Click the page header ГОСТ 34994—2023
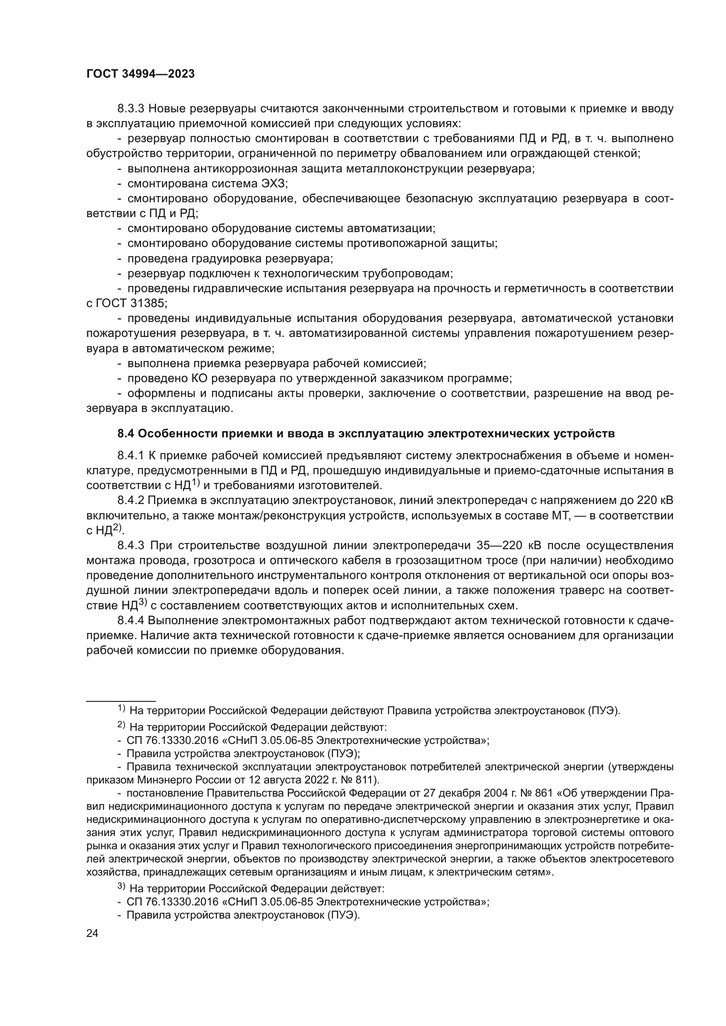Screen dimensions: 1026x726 tap(140, 74)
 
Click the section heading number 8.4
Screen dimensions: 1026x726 tap(126, 434)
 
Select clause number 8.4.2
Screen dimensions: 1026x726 tap(130, 501)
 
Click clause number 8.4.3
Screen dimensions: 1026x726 tap(130, 546)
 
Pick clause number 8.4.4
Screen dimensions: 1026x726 tap(130, 621)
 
